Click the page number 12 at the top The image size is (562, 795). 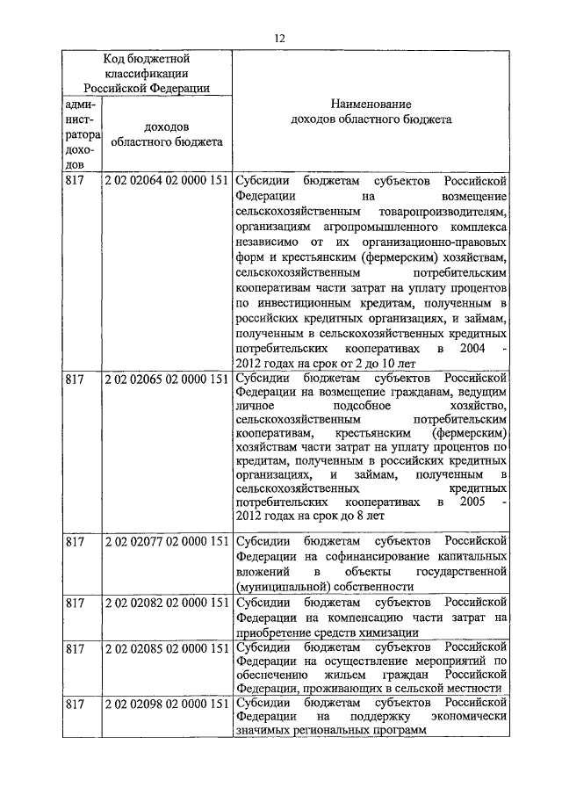coord(280,38)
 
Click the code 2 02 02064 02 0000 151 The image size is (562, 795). coord(167,180)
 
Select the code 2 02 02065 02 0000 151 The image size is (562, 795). coord(167,380)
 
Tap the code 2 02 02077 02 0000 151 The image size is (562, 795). coord(167,540)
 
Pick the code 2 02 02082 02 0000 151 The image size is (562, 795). coord(167,603)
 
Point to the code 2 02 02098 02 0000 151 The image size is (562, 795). coord(167,705)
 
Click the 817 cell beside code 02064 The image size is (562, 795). coord(75,180)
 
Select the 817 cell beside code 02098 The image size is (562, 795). coord(75,705)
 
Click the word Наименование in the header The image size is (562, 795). coord(371,103)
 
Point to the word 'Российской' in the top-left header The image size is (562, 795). coord(116,87)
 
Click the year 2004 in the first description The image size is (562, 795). coord(472,348)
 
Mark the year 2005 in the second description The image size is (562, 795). coord(472,503)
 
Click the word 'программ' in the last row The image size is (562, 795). coord(399,730)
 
